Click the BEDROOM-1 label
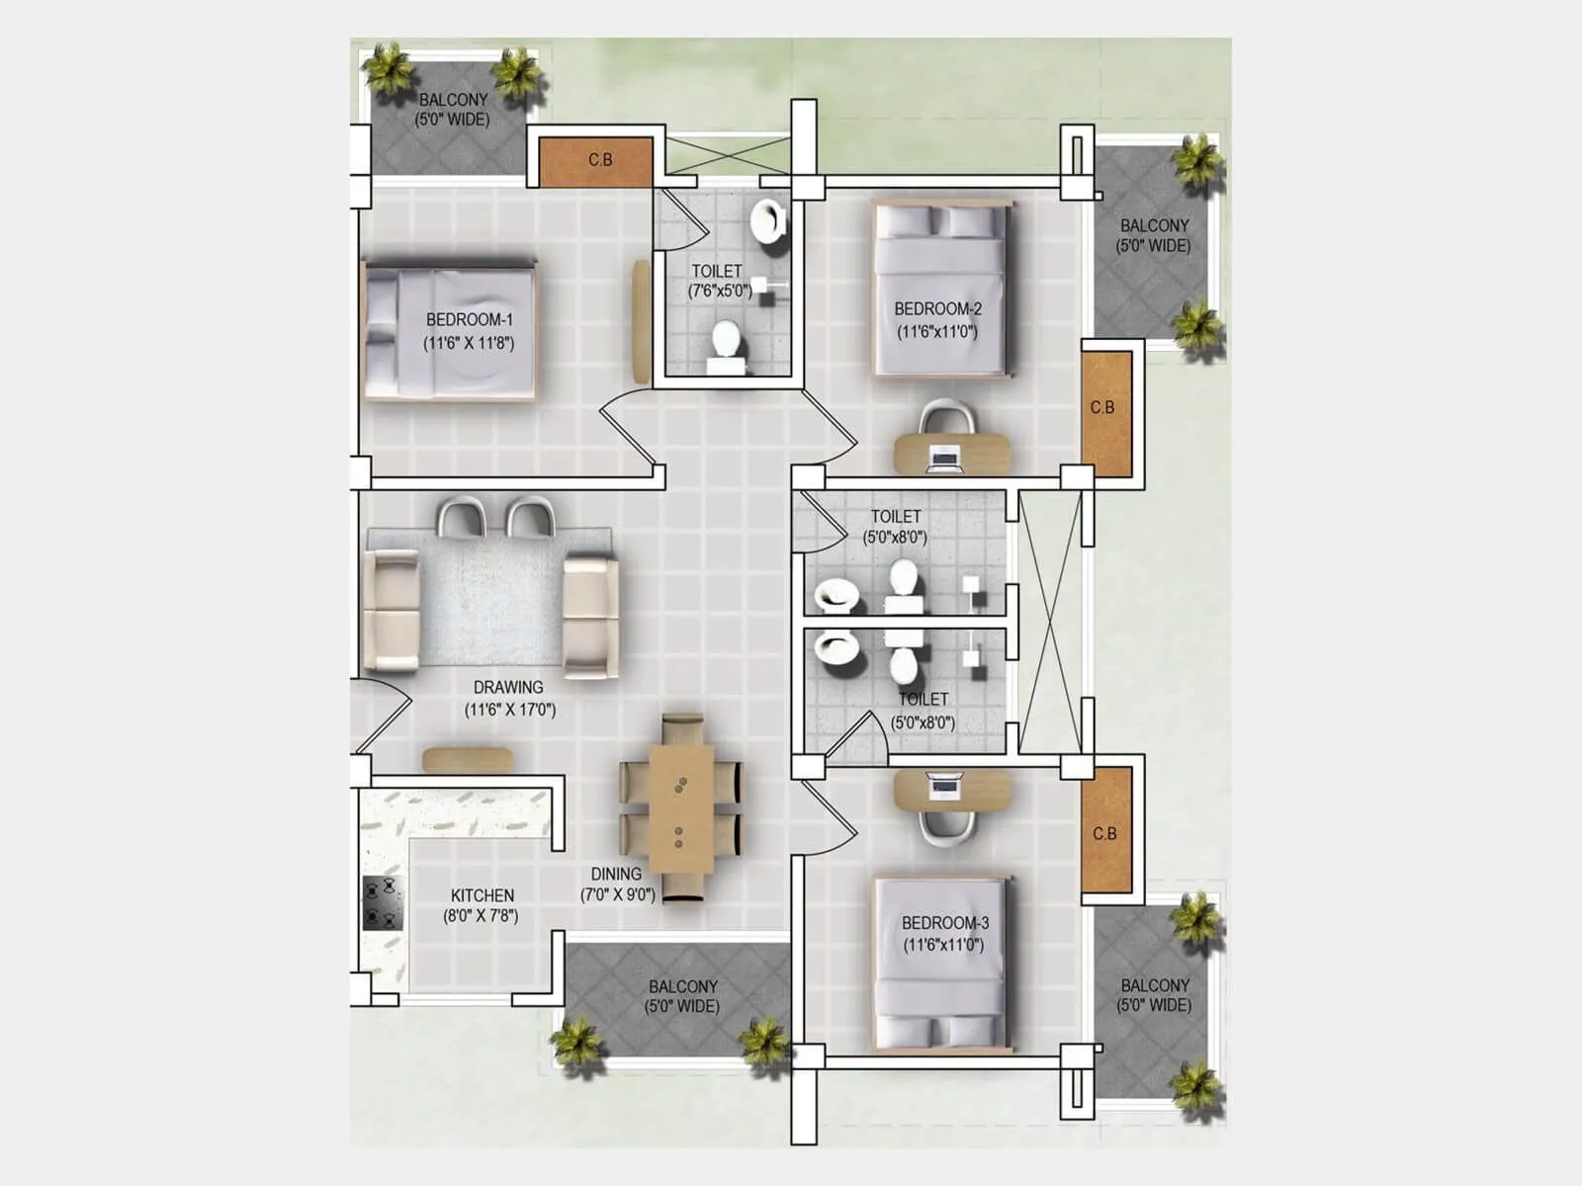coord(470,320)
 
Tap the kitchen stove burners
coord(383,903)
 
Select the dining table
coord(681,808)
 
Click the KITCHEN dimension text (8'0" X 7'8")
coord(481,916)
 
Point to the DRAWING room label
coord(508,687)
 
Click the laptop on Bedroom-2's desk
coord(945,457)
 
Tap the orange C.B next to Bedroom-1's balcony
coord(596,160)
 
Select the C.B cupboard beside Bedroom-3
coord(1105,833)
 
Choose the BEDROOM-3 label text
coord(945,923)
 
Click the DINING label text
coord(616,874)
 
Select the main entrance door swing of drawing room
coord(381,714)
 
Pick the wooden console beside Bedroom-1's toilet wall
coord(641,321)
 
